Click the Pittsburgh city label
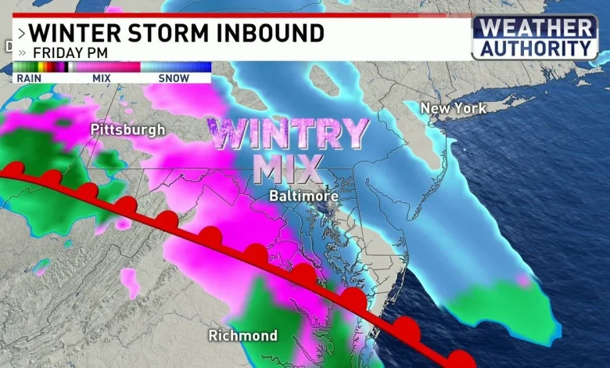127,129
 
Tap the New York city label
453,108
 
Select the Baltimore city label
304,195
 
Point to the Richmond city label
242,335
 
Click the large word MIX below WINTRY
288,168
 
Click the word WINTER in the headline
70,34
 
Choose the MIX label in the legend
102,78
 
